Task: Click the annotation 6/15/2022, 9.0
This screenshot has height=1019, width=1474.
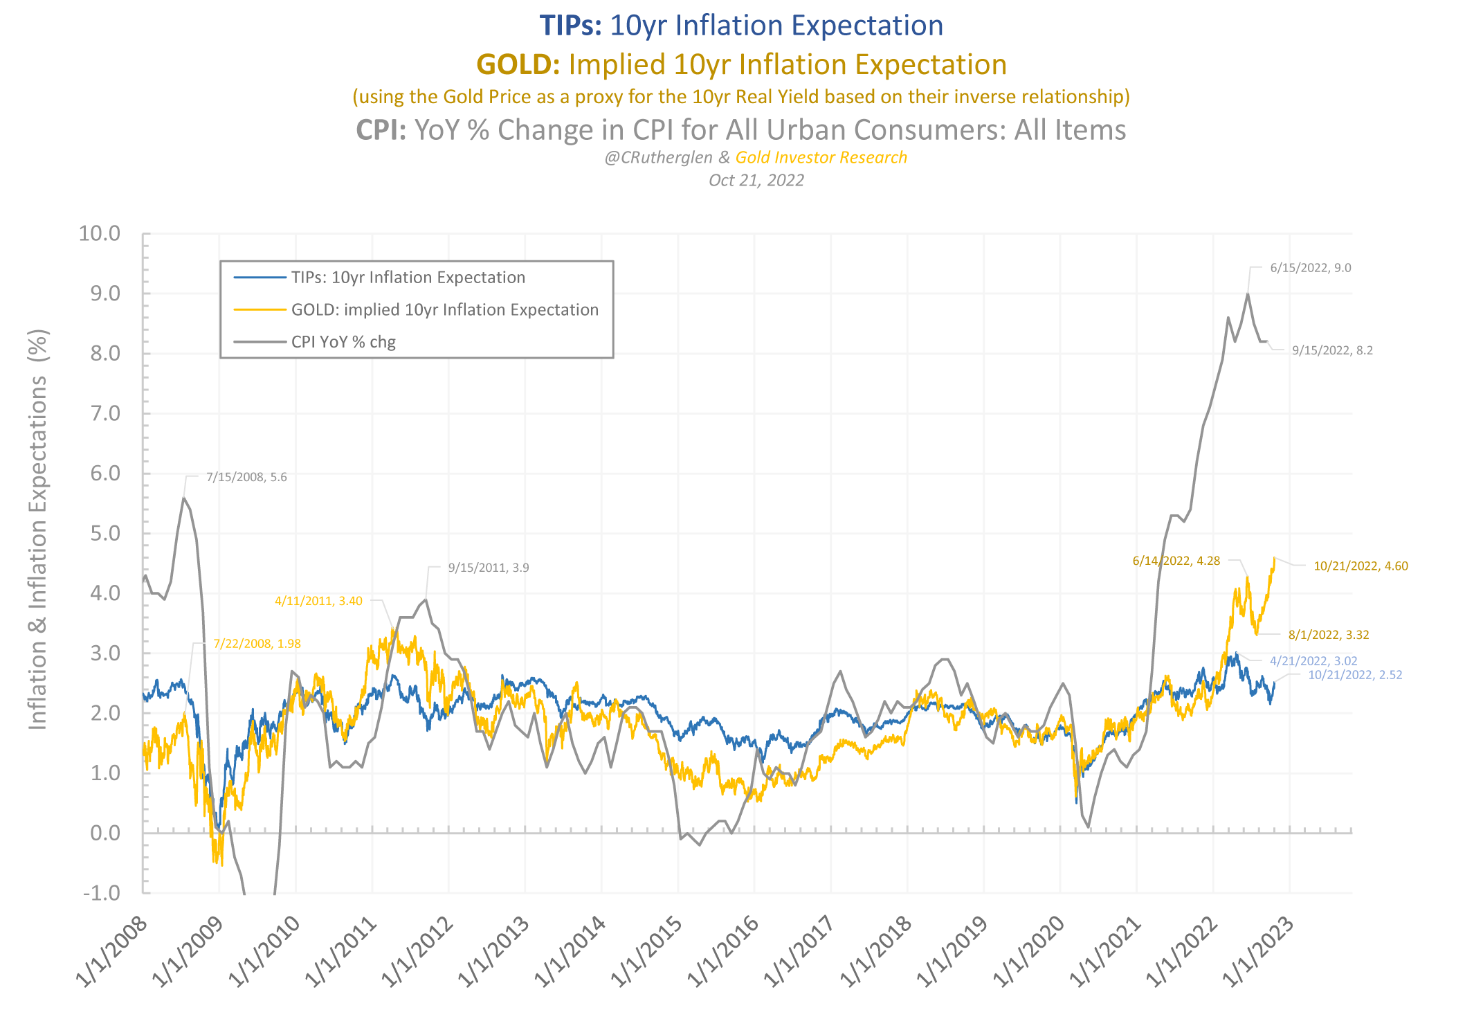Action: tap(1310, 268)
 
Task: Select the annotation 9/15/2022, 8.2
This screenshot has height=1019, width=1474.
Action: tap(1332, 350)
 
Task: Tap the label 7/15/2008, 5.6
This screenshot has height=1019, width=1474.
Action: tap(246, 477)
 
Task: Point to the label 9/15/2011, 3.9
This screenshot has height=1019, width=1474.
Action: tap(489, 568)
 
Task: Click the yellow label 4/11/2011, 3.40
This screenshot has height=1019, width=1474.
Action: tap(318, 601)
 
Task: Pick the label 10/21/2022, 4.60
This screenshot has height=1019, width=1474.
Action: tap(1361, 566)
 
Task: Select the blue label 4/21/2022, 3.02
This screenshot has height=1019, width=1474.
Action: tap(1313, 661)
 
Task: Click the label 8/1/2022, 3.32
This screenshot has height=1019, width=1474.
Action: tap(1329, 635)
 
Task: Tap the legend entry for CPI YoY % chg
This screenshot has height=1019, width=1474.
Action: tap(343, 342)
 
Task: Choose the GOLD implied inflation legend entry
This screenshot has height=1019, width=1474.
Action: tap(444, 309)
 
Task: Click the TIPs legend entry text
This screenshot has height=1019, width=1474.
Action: tap(408, 278)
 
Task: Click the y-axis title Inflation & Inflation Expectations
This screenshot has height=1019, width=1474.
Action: tap(37, 530)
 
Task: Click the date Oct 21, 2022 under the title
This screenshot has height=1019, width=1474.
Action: tap(756, 181)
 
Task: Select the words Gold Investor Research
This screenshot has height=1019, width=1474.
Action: tap(821, 158)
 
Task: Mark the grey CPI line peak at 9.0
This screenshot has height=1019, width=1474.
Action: tap(1247, 294)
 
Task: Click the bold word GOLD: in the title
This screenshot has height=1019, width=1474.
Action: tap(518, 64)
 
